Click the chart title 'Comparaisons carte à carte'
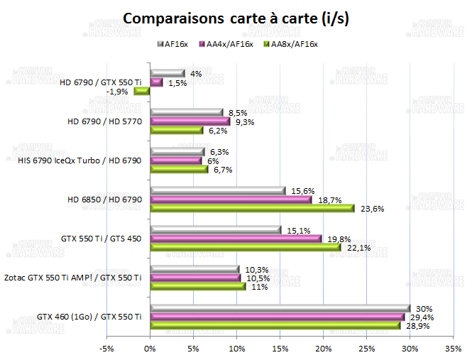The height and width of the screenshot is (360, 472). click(x=236, y=18)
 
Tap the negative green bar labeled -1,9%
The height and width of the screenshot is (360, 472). click(x=141, y=91)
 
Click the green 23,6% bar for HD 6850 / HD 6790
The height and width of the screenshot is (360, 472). click(x=251, y=208)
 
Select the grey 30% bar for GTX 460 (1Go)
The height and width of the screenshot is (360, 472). click(x=280, y=308)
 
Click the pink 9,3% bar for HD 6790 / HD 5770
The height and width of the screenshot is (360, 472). click(x=190, y=121)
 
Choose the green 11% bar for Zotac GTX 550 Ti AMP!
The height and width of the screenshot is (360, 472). click(x=197, y=286)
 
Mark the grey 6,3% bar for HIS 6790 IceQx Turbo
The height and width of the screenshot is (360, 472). click(x=177, y=151)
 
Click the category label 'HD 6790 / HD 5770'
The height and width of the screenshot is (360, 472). click(x=105, y=121)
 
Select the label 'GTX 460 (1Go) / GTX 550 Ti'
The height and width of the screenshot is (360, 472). click(x=89, y=317)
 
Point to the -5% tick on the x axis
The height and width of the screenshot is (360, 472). click(x=106, y=349)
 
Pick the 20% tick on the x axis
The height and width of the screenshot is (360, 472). click(x=323, y=349)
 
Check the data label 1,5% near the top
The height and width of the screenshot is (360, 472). click(x=177, y=82)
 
